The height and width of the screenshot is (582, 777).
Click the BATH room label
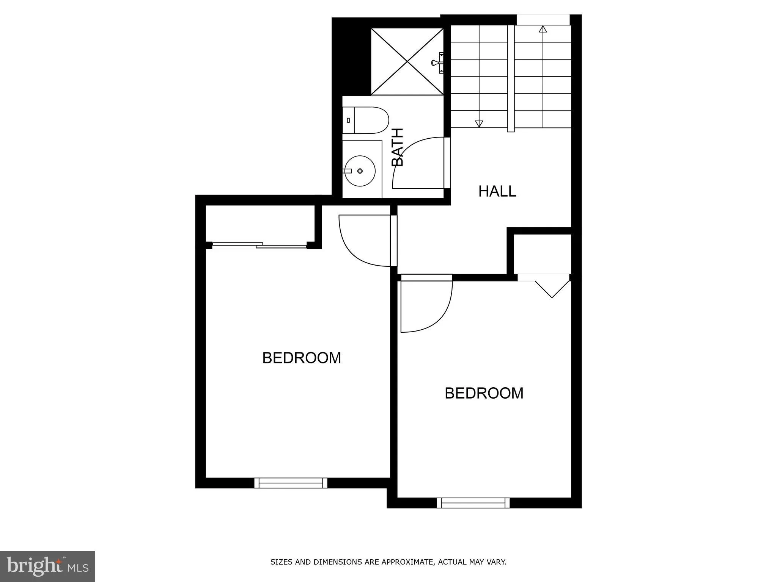tap(397, 147)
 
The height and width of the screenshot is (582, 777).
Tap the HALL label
tap(497, 191)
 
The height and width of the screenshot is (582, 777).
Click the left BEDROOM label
tap(302, 358)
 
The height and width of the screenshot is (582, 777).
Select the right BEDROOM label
tap(484, 393)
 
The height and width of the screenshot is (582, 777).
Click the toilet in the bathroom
tap(366, 120)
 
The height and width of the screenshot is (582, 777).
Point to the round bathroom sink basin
tap(359, 171)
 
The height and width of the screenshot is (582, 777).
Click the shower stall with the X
tap(407, 61)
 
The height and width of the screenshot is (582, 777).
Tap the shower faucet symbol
tap(437, 63)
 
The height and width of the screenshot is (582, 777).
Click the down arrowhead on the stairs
tap(479, 124)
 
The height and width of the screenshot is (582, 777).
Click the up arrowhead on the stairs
tap(543, 29)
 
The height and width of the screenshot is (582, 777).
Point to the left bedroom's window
tap(291, 483)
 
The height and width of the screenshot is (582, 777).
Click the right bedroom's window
tap(473, 503)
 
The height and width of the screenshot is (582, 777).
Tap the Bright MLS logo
tap(47, 566)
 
